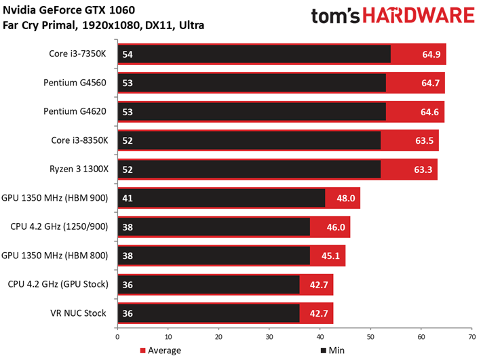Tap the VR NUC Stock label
[79, 313]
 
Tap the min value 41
[127, 198]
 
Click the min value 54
[127, 54]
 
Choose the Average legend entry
[159, 351]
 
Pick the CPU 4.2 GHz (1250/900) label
[59, 227]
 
